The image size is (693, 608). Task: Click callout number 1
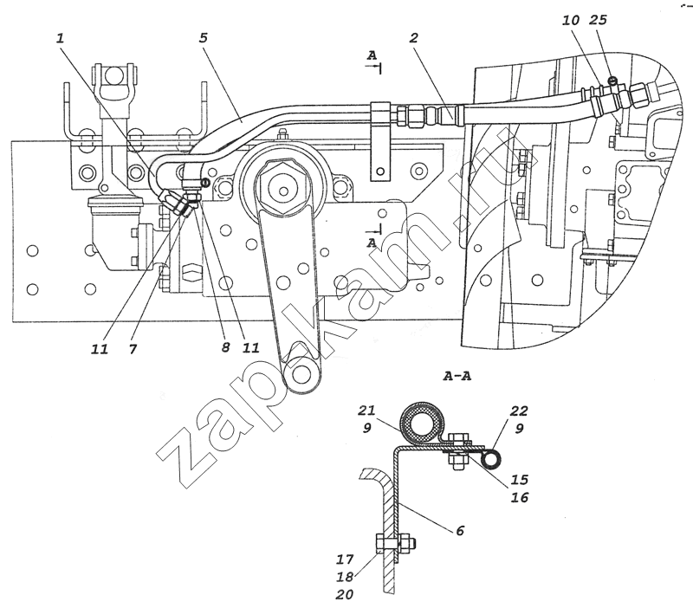coord(60,37)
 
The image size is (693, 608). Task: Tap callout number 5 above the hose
coord(203,37)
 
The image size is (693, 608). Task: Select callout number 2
coord(413,37)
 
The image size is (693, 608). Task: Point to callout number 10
coord(571,20)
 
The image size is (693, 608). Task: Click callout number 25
coord(598,20)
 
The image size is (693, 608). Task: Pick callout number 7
coord(133,349)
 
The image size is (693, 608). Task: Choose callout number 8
coord(226,347)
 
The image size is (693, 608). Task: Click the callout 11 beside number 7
coord(100,349)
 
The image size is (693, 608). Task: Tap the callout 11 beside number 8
coord(250,347)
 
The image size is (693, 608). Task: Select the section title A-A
coord(457,376)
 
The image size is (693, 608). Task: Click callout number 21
coord(366,411)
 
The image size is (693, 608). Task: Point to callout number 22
coord(519,411)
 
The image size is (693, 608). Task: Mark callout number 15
coord(519,480)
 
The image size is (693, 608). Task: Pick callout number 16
coord(519,497)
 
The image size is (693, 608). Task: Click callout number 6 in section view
coord(460,530)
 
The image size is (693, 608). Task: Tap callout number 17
coord(345,559)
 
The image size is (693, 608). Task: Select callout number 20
coord(345,595)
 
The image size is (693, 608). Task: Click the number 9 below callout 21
coord(366,428)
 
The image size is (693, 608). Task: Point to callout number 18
coord(345,577)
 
